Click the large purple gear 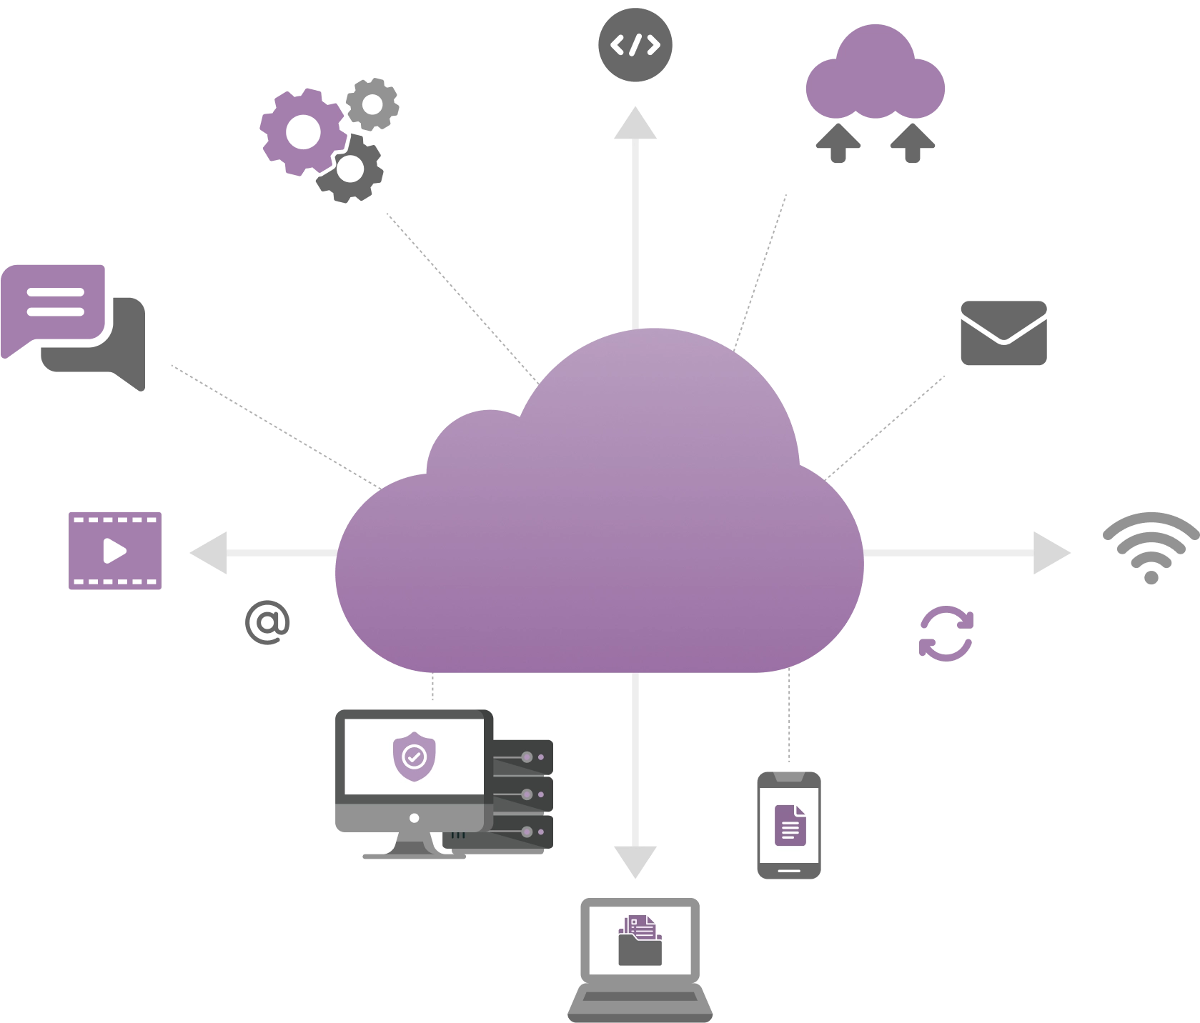[301, 131]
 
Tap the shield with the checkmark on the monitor [415, 756]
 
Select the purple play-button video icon [116, 552]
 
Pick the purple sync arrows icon [946, 634]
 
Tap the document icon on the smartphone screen [790, 825]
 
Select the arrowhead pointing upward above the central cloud [635, 124]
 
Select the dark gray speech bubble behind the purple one [122, 357]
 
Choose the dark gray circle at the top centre [635, 45]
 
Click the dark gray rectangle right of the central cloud [1006, 331]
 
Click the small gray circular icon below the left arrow [267, 622]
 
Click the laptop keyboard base [640, 1003]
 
